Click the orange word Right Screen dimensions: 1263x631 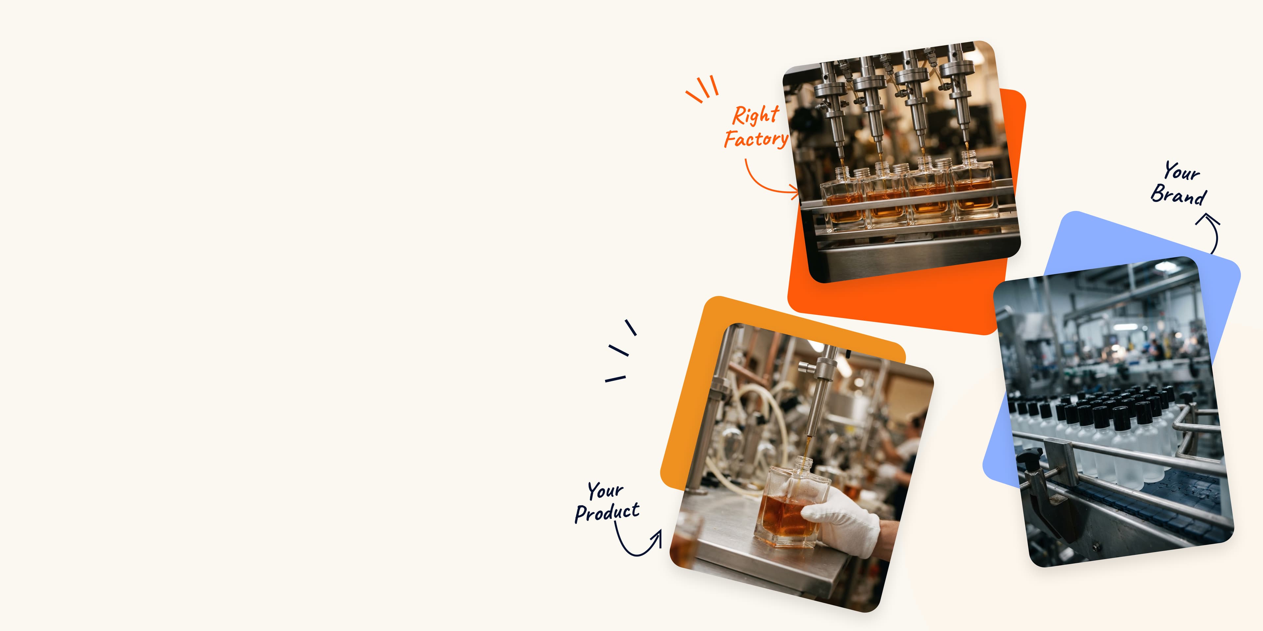pos(755,115)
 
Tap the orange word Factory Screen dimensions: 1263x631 pos(756,139)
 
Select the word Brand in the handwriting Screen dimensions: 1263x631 pos(1178,195)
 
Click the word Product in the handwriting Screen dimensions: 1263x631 pos(607,512)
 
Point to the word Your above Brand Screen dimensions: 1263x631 pos(1182,172)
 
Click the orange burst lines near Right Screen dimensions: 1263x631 pos(702,89)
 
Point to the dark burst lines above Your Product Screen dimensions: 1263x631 pos(620,351)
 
